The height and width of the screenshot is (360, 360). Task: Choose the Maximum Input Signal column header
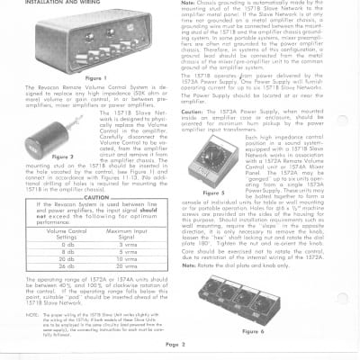pos(126,233)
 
